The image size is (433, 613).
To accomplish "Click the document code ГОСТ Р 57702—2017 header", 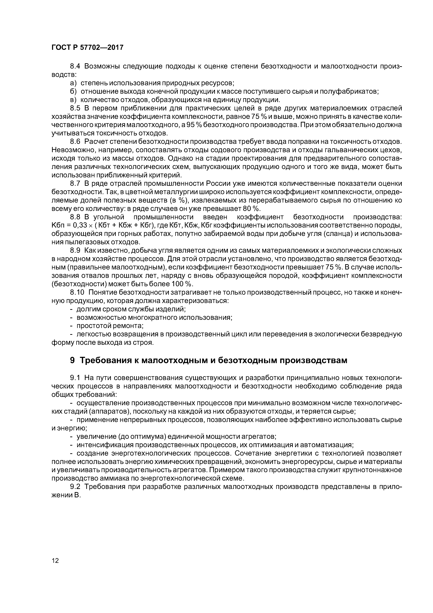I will (87, 48).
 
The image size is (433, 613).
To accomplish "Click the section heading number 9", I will (72, 360).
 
